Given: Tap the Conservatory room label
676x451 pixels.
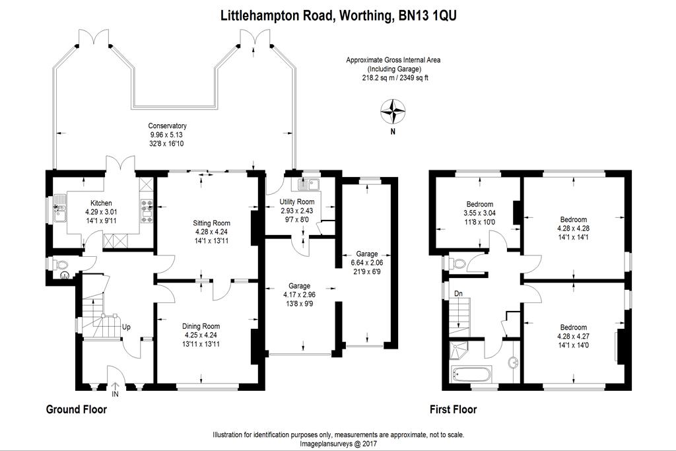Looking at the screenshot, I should (167, 125).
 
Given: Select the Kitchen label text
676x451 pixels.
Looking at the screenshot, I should (100, 203).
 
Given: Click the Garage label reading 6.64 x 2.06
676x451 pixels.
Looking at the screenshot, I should (366, 254).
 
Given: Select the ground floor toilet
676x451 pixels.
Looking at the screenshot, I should (63, 267).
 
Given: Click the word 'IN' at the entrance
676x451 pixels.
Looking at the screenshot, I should (116, 394).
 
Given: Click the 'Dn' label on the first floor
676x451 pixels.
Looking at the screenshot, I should (457, 293).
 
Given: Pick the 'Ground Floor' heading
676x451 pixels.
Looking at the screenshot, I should (76, 409).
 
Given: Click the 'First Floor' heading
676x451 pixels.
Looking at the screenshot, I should (453, 409).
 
